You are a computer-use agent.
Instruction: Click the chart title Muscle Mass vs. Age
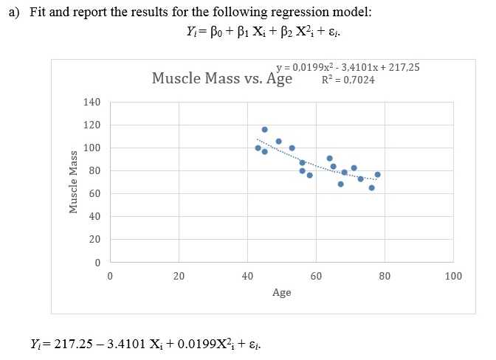coord(222,78)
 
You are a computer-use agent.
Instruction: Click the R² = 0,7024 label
coord(348,79)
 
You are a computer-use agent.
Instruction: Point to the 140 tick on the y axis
coord(92,102)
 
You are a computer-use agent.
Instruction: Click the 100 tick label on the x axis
coord(453,277)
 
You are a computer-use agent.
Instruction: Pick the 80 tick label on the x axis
coord(385,277)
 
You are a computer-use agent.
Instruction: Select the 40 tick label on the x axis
coord(247,277)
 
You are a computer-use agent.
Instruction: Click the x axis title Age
coord(281,293)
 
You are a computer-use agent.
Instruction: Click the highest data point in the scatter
coord(264,130)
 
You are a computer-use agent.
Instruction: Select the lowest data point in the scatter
coord(371,187)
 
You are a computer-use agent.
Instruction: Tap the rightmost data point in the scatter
coord(377,175)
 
